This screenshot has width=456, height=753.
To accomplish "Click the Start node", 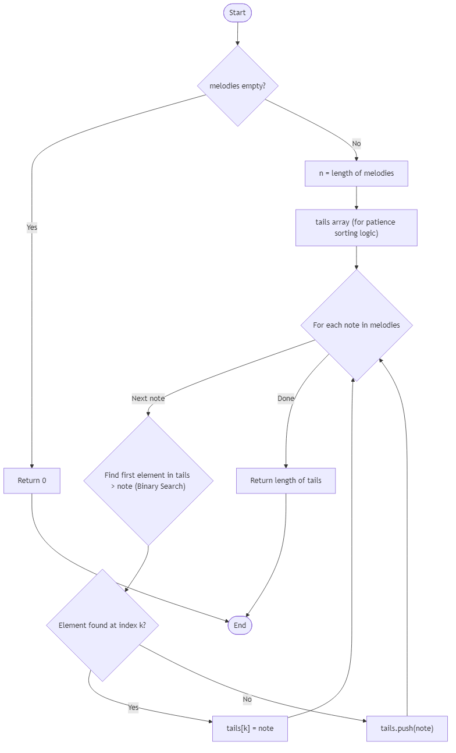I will (237, 13).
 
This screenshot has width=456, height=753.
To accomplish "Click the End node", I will (240, 625).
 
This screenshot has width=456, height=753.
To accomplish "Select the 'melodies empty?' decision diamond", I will (237, 86).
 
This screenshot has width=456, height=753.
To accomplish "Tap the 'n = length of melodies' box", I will (356, 173).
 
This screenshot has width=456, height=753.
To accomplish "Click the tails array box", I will (356, 228).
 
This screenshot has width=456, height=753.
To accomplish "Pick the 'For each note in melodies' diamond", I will (356, 325).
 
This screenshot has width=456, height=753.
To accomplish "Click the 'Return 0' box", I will (32, 481).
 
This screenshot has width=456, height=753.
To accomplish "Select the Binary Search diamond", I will (148, 481).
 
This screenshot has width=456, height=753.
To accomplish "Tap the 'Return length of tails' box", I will (286, 481).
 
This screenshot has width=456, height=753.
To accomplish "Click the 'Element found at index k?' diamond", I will (102, 625).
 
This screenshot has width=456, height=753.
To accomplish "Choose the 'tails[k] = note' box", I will (250, 729).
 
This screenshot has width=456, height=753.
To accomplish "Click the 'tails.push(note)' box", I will (407, 729).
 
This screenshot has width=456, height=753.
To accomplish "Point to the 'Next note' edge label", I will (148, 399).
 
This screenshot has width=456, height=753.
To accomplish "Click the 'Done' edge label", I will (286, 399).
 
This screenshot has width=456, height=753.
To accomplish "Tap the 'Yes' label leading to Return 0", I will (32, 228).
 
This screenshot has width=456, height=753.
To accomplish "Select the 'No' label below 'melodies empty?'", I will (356, 143).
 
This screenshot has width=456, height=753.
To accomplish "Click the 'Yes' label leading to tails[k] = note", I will (133, 708).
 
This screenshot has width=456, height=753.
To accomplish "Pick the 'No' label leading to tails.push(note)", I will (247, 699).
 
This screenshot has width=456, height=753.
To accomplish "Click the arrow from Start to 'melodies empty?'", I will (237, 34).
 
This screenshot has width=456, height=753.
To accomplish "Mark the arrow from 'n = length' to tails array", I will (356, 198).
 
